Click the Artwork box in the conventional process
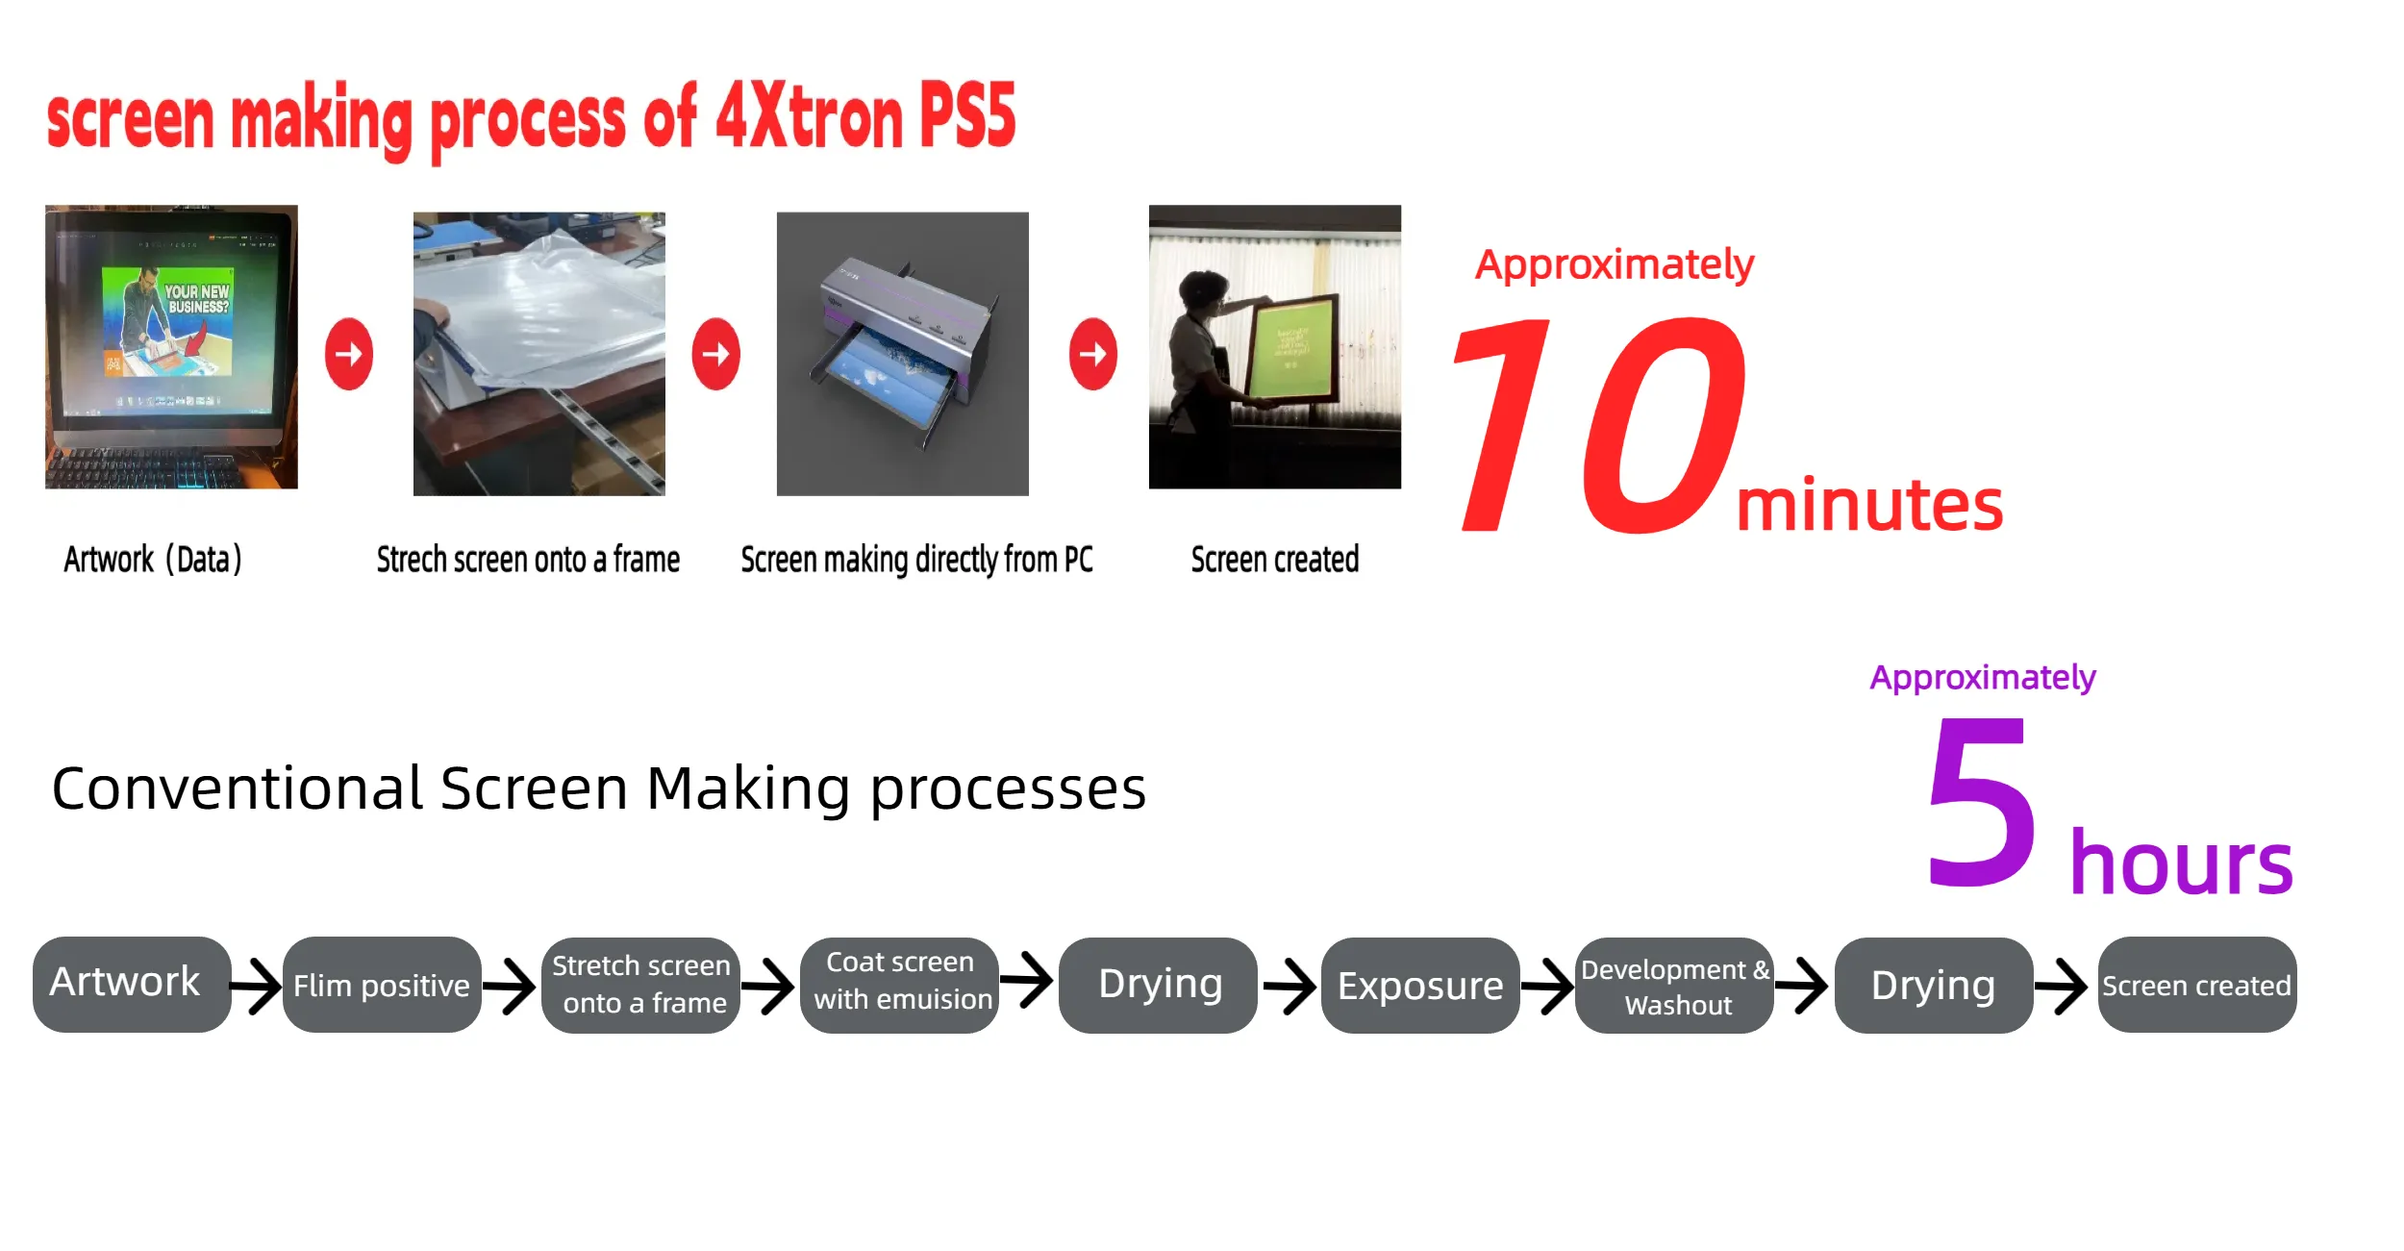click(x=132, y=984)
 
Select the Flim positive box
click(x=382, y=985)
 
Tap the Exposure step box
click(x=1420, y=986)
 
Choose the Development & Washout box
click(x=1675, y=986)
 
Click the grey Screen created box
click(x=2197, y=985)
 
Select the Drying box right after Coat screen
click(x=1159, y=986)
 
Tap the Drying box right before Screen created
click(x=1934, y=986)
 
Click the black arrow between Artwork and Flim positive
click(x=257, y=986)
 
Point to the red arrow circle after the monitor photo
click(x=349, y=354)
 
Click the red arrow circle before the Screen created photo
click(x=1093, y=354)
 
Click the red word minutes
click(x=1869, y=505)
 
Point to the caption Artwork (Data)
click(x=153, y=559)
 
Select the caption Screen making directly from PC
click(x=916, y=560)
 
